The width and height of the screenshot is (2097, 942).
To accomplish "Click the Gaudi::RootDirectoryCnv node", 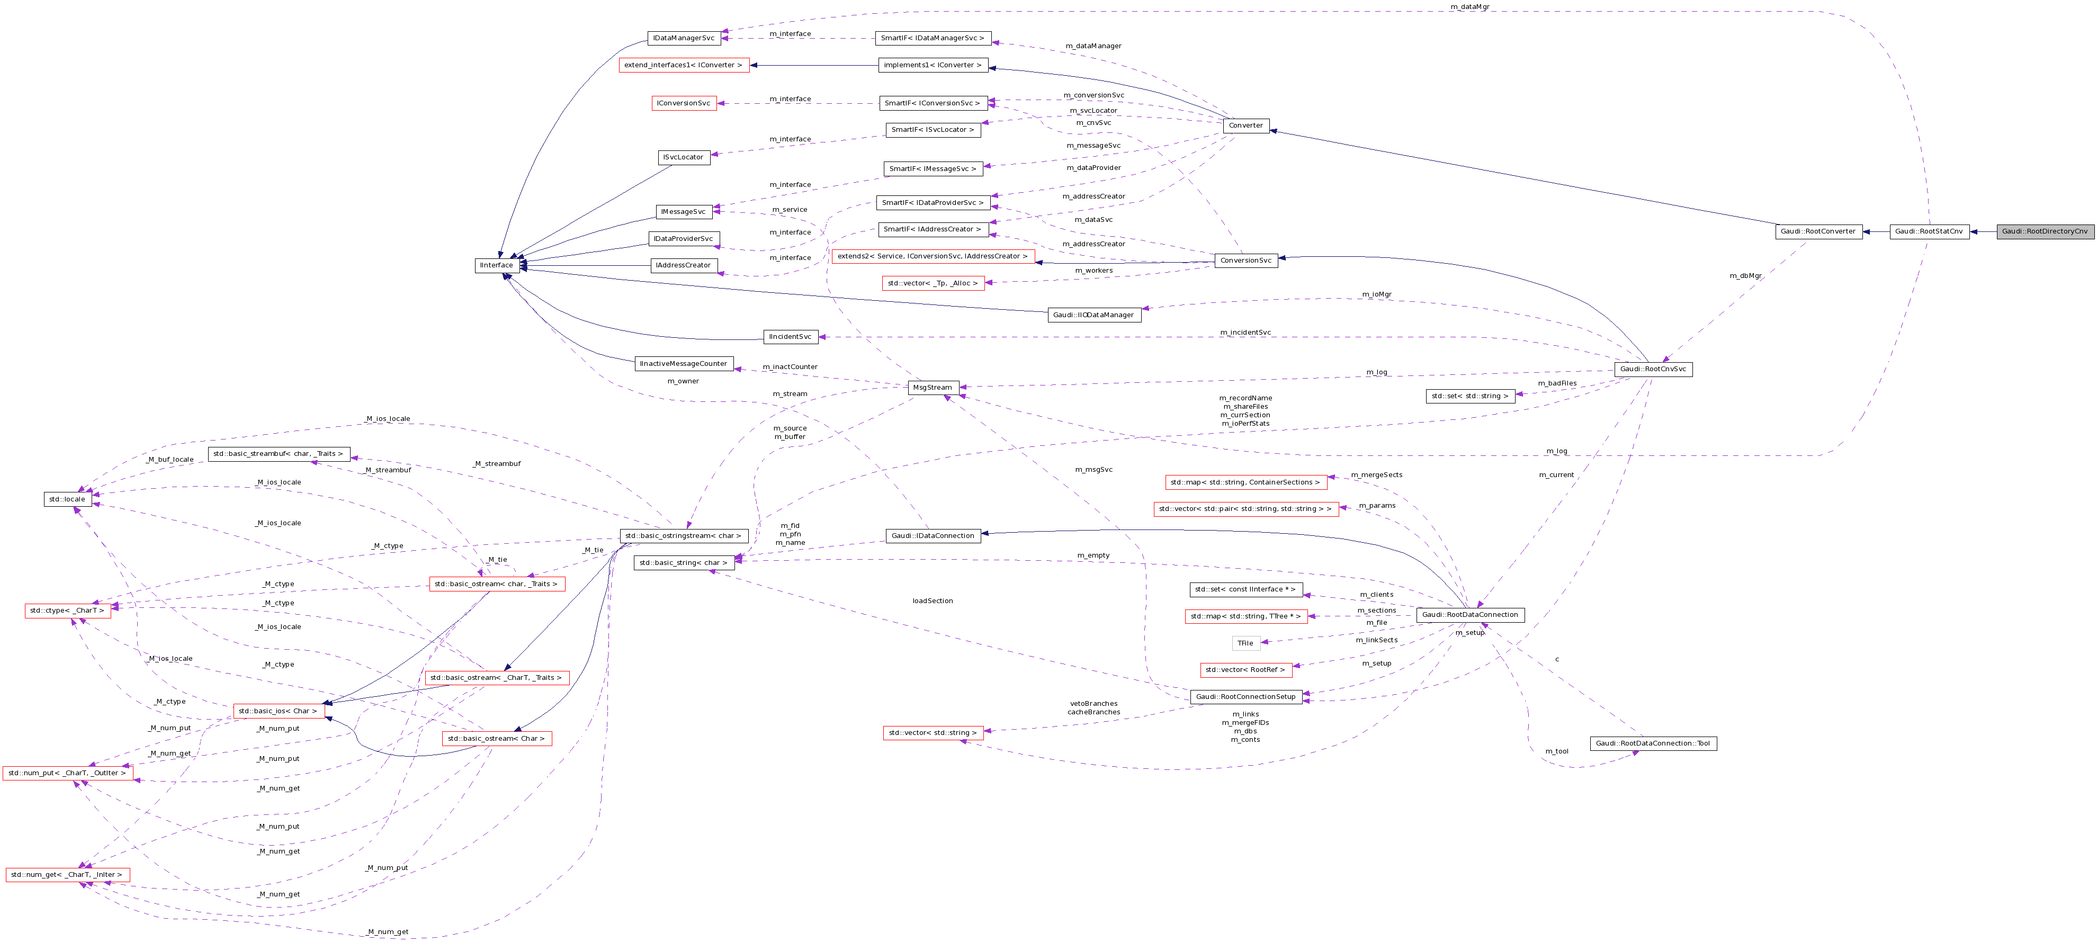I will click(2044, 231).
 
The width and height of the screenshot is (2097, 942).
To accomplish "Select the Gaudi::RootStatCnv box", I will click(1929, 231).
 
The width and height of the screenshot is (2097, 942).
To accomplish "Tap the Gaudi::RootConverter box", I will click(1818, 231).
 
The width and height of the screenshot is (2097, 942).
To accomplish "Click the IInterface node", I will click(497, 265).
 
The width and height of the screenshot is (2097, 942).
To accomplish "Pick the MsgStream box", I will click(932, 388).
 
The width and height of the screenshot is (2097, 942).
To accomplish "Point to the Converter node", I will click(1245, 125).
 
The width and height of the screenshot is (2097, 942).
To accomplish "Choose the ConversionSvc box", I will click(1245, 261).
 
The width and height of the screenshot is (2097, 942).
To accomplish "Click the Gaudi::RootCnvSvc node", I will click(1653, 369).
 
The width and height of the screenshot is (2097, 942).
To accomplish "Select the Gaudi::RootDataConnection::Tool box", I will click(1653, 743).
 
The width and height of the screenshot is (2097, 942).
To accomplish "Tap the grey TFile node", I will click(1245, 643).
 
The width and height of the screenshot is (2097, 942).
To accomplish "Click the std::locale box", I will click(67, 499).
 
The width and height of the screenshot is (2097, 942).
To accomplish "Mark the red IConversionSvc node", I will click(684, 103).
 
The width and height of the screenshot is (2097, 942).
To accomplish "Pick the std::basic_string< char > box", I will click(684, 562).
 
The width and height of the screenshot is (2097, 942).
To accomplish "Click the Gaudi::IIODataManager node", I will click(1094, 315).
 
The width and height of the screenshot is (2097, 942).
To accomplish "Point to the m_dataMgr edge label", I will click(1469, 6).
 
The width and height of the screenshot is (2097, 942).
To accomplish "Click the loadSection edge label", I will click(932, 601).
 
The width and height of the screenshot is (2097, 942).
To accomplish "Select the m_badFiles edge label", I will click(1556, 383).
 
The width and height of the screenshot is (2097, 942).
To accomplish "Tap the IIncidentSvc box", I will click(791, 337).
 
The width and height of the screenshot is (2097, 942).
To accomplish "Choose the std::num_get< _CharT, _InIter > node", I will click(67, 875).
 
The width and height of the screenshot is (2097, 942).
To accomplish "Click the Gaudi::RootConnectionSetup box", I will click(1245, 697).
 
